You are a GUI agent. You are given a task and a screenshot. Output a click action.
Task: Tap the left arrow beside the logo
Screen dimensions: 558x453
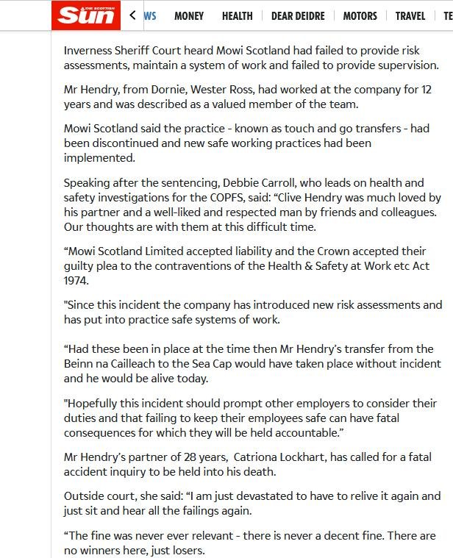pyautogui.click(x=132, y=15)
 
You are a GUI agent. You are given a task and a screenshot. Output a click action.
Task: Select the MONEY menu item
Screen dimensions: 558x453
pyautogui.click(x=189, y=15)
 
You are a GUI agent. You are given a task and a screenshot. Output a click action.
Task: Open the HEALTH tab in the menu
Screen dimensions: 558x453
pyautogui.click(x=237, y=15)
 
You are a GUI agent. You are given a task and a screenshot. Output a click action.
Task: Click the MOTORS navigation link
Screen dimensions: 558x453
pyautogui.click(x=360, y=15)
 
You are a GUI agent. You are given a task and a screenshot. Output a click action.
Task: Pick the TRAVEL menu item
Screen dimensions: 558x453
pyautogui.click(x=410, y=15)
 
